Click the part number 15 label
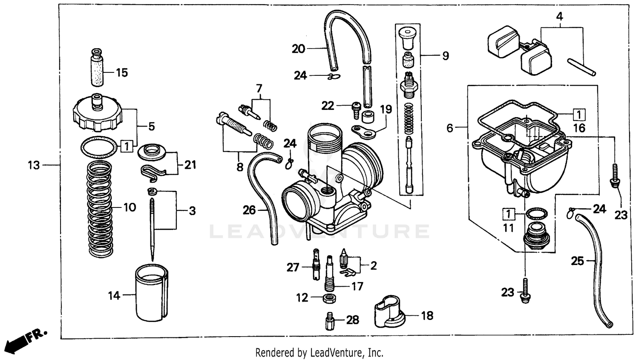click(x=121, y=73)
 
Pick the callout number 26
click(x=249, y=210)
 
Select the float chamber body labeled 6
click(x=524, y=166)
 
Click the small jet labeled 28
click(x=328, y=320)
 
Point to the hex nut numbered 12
click(x=328, y=298)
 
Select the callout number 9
click(x=445, y=56)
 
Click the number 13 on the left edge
click(x=34, y=165)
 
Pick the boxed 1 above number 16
click(x=579, y=115)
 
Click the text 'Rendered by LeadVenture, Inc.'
click(x=319, y=353)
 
